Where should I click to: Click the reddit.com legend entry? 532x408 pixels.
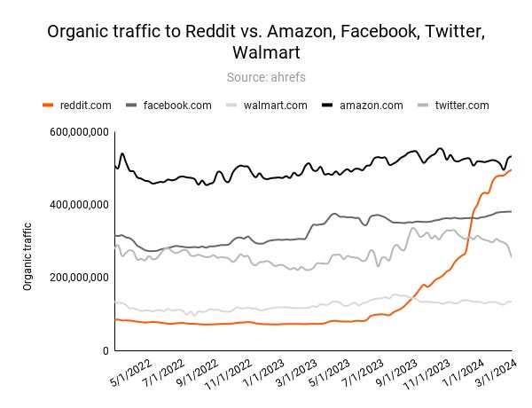click(x=86, y=105)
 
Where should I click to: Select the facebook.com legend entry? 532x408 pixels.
click(x=177, y=105)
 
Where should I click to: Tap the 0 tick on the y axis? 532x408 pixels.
click(x=105, y=351)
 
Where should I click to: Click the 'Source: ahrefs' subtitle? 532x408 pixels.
click(x=266, y=78)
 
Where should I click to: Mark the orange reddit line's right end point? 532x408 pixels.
click(x=512, y=170)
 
